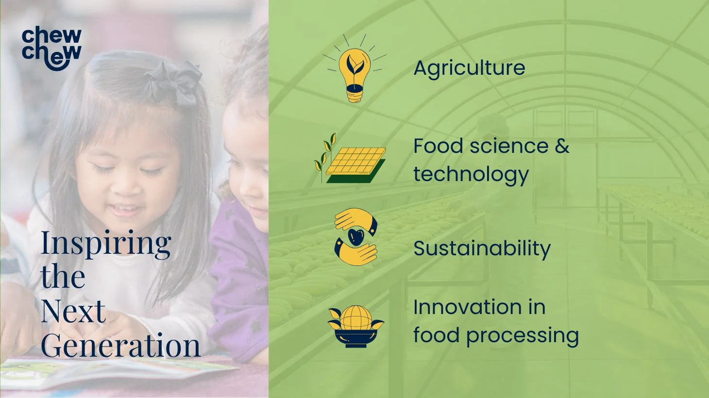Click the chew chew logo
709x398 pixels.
tap(51, 48)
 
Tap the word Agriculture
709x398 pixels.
tap(470, 68)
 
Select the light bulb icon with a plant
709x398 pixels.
tap(354, 68)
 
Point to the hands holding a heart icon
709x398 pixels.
tap(356, 237)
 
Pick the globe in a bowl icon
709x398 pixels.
tap(356, 326)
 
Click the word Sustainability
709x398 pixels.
tap(482, 249)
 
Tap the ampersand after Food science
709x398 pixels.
tap(562, 146)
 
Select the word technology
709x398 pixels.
tap(472, 175)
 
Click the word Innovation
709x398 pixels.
tap(468, 307)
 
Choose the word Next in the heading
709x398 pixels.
tap(73, 311)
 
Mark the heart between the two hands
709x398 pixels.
tap(356, 237)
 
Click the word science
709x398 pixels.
tap(509, 146)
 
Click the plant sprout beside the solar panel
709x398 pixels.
tap(324, 157)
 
